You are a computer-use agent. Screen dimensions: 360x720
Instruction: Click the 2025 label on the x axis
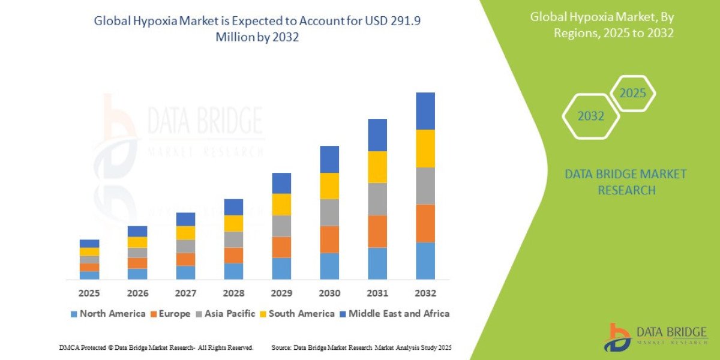coord(89,293)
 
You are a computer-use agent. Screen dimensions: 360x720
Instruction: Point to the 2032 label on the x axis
coord(425,293)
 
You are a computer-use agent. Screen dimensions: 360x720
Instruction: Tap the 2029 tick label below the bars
coord(281,293)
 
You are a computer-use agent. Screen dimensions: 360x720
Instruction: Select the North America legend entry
coord(108,313)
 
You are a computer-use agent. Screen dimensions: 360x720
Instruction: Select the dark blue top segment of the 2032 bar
coord(425,111)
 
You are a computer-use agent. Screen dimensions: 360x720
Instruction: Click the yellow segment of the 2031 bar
coord(377,167)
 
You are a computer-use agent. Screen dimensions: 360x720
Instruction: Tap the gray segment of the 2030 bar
coord(329,212)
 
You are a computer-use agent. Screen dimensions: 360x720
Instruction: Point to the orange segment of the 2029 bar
coord(281,247)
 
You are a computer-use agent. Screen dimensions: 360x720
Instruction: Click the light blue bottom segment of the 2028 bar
coord(233,271)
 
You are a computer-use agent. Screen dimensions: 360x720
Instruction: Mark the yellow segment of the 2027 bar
coord(185,233)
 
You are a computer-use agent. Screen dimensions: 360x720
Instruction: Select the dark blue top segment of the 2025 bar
coord(89,244)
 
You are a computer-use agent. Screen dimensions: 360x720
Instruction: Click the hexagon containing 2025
coord(632,94)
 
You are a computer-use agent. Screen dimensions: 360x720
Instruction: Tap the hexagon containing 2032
coord(590,116)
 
